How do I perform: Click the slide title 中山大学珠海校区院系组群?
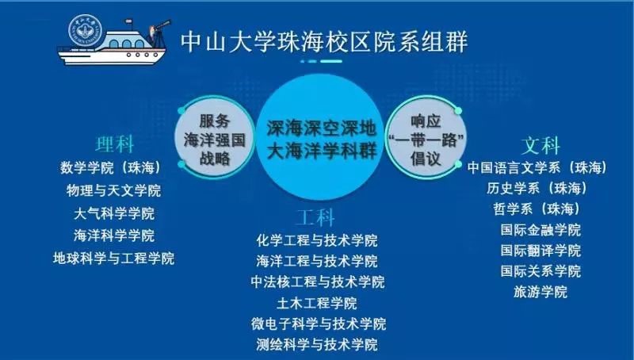point(324,42)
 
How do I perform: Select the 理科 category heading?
point(114,144)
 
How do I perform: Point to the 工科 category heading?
point(315,218)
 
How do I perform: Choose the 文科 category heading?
point(540,146)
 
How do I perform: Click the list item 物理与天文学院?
point(113,190)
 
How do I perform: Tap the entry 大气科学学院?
point(114,213)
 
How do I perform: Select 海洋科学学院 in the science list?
point(114,236)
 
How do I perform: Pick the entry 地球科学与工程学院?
point(113,259)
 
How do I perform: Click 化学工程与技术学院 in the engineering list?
point(317,241)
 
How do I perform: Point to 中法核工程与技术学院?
point(318,282)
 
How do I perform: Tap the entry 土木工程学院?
point(317,303)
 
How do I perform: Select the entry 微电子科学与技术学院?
point(319,324)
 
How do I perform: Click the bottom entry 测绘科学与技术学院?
point(317,345)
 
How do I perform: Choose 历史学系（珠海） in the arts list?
point(537,189)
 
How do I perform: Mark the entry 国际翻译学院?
point(540,251)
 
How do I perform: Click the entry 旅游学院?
point(540,292)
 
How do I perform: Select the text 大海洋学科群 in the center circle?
point(322,151)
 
